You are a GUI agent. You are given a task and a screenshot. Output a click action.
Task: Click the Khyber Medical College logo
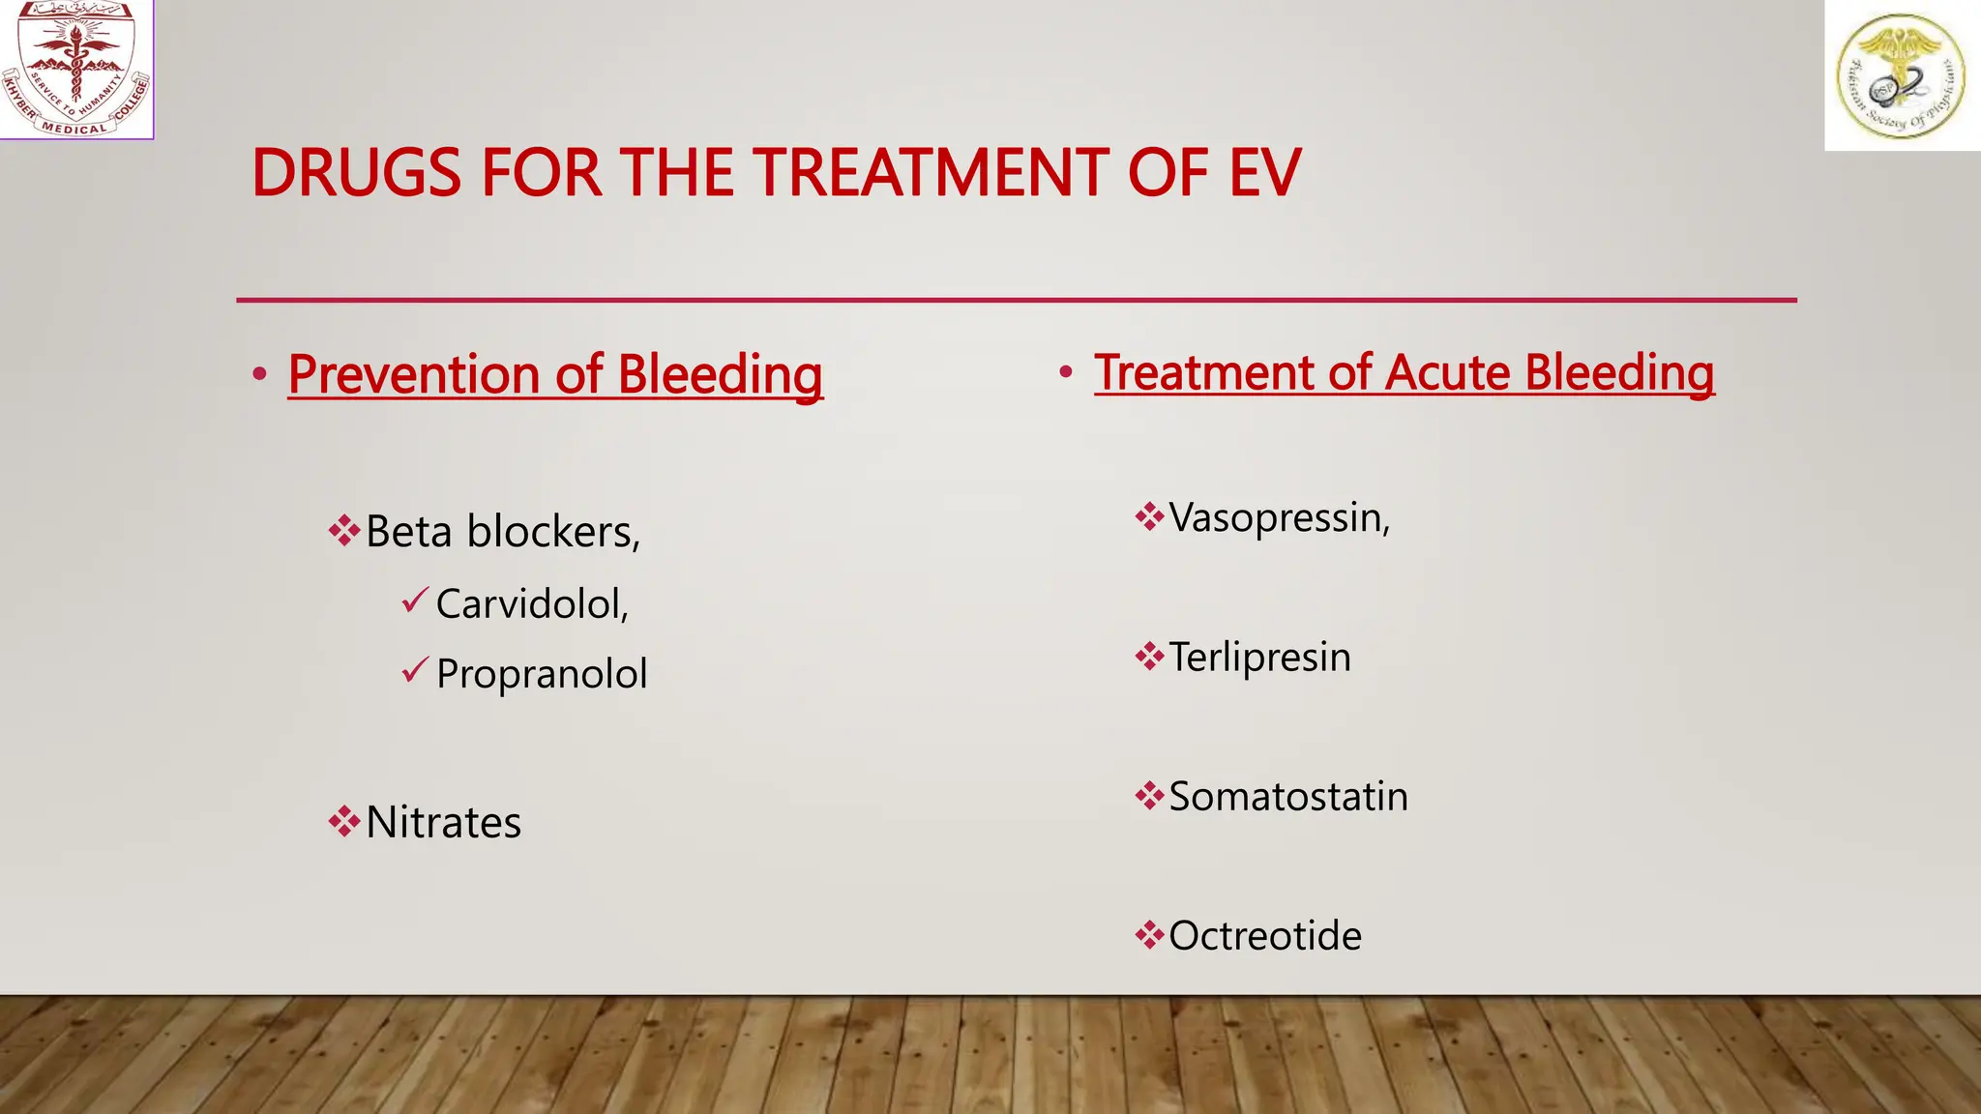[76, 69]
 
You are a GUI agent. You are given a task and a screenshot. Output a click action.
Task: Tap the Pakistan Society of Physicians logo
[1902, 75]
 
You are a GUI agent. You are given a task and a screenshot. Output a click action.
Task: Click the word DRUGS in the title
[356, 174]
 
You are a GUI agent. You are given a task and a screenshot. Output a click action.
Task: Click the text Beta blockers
[503, 532]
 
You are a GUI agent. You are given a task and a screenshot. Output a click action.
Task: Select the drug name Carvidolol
[532, 604]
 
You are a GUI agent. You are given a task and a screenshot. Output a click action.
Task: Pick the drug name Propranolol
[542, 674]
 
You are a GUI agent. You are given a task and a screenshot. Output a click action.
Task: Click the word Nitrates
[443, 823]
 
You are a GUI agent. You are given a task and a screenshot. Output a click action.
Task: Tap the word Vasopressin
[1279, 517]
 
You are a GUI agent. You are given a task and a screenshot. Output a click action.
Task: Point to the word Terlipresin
[1259, 658]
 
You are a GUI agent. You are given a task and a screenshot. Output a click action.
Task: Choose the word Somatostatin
[1288, 797]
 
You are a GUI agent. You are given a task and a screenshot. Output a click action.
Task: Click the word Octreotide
[1265, 936]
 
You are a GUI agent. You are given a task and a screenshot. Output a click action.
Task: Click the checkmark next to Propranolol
[415, 669]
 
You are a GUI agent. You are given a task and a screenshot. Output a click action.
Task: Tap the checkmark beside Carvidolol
[415, 601]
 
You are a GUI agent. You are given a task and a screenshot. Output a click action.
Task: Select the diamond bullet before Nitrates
[343, 823]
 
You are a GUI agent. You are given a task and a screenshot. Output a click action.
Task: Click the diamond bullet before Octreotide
[1149, 935]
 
